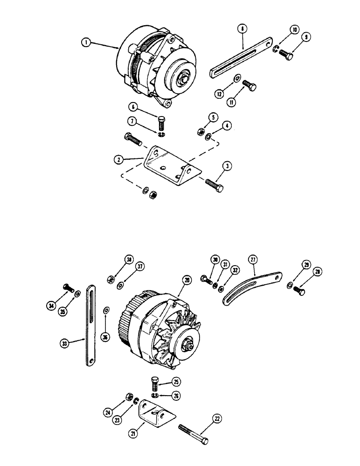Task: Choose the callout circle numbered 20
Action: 187,281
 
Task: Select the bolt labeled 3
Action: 212,185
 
